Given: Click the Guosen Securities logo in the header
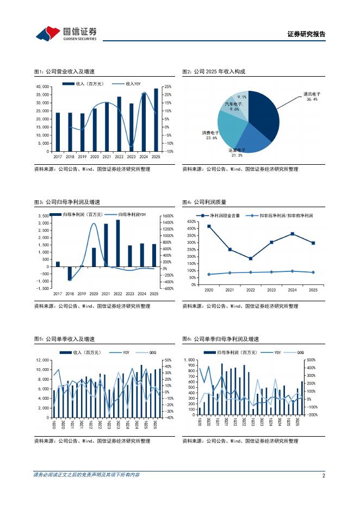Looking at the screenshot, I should tap(66, 34).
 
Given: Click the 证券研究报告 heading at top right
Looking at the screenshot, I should tap(306, 34).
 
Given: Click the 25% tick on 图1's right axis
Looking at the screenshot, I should tap(167, 86).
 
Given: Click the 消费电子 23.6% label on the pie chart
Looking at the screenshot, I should tap(209, 135).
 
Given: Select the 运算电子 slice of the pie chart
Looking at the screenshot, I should tap(250, 139).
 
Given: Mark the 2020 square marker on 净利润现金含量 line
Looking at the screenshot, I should tap(209, 226).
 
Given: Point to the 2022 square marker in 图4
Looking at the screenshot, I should tap(250, 258).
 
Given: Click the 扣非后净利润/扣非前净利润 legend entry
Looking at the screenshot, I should tap(277, 215).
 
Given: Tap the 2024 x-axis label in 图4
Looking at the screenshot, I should tap(292, 290).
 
